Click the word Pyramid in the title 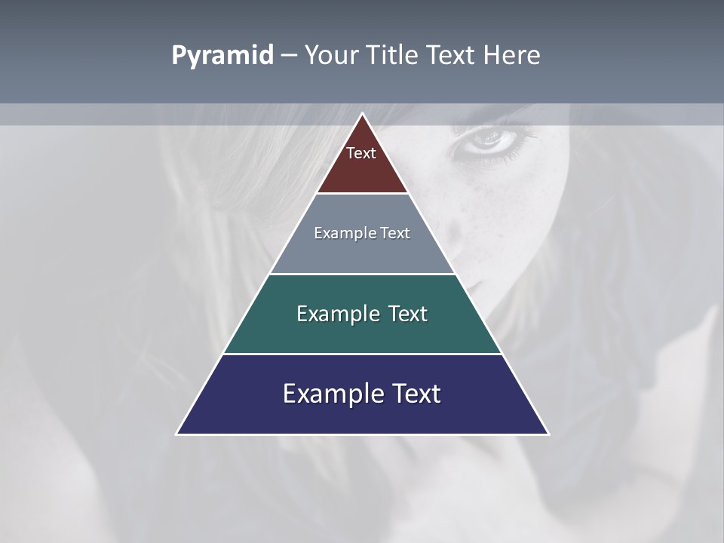[x=222, y=56]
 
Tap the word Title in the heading [x=396, y=56]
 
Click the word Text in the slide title [x=451, y=56]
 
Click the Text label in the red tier [x=361, y=154]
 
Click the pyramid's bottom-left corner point [x=177, y=434]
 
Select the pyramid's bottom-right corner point [x=548, y=434]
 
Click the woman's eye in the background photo [x=489, y=138]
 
